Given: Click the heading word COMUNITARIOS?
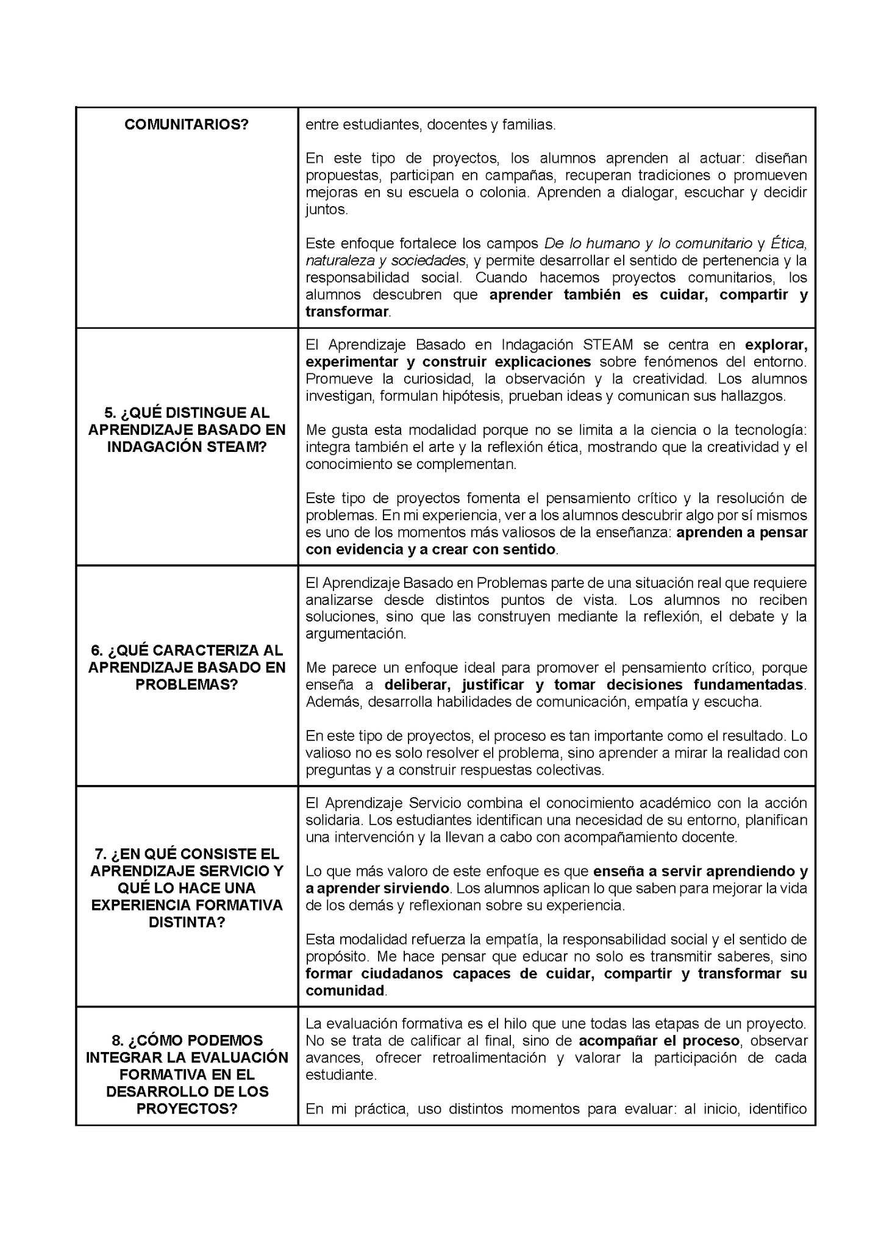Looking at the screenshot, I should [187, 124].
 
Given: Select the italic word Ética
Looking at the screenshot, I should [788, 244].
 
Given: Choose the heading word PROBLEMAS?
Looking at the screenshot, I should [187, 684].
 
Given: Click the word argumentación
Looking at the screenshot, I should [355, 634].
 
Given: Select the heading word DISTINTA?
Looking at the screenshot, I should [187, 922].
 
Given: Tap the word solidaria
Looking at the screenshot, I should [333, 820].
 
